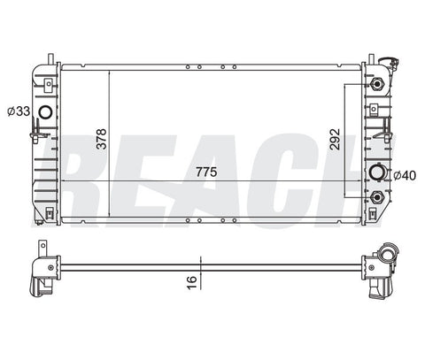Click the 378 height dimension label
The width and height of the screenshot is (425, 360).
point(101,139)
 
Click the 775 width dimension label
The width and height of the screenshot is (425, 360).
point(206,172)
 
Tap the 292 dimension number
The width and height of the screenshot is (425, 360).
point(335,139)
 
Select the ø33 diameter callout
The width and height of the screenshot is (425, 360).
point(19,111)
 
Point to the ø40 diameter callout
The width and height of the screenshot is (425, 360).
point(405,175)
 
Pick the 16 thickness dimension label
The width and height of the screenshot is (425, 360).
point(192,282)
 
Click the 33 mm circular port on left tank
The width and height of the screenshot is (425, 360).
point(46,112)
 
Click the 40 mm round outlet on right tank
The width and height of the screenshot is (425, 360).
point(377,172)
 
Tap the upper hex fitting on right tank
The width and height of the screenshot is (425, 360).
point(376,84)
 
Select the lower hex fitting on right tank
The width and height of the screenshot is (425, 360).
point(377,197)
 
